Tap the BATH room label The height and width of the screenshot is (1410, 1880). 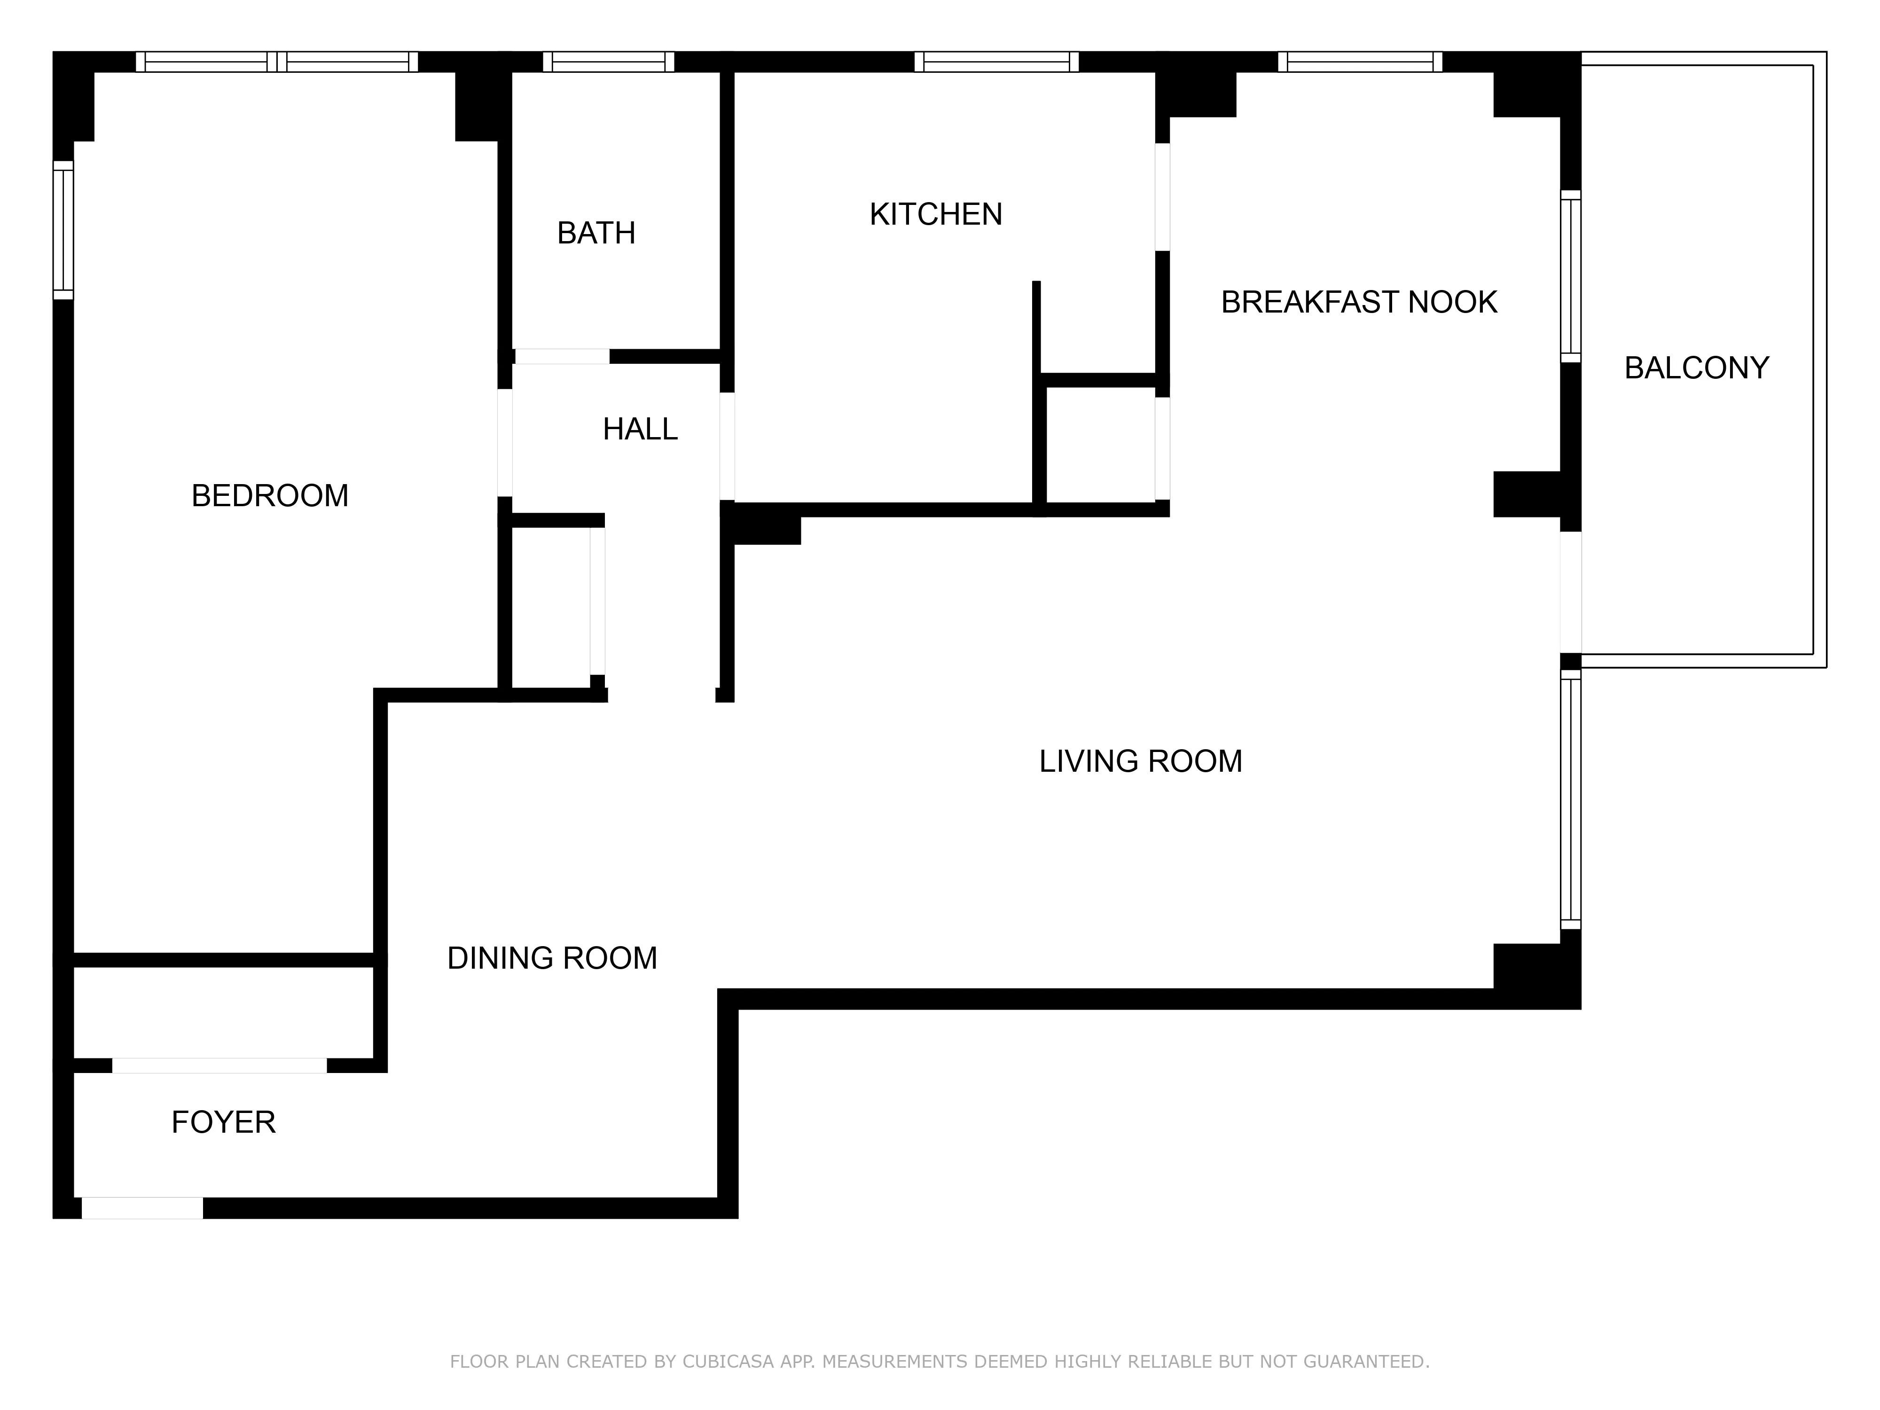coord(596,233)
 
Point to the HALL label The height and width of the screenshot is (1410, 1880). coord(640,429)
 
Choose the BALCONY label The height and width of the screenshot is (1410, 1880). coord(1696,368)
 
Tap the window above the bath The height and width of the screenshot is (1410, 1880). coord(609,62)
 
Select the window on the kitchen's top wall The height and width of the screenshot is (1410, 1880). coord(996,62)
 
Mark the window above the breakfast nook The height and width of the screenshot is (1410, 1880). coord(1360,62)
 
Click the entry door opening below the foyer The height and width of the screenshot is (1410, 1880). coord(142,1208)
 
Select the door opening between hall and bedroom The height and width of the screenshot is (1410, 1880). coord(505,442)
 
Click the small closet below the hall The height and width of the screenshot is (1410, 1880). coord(551,608)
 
